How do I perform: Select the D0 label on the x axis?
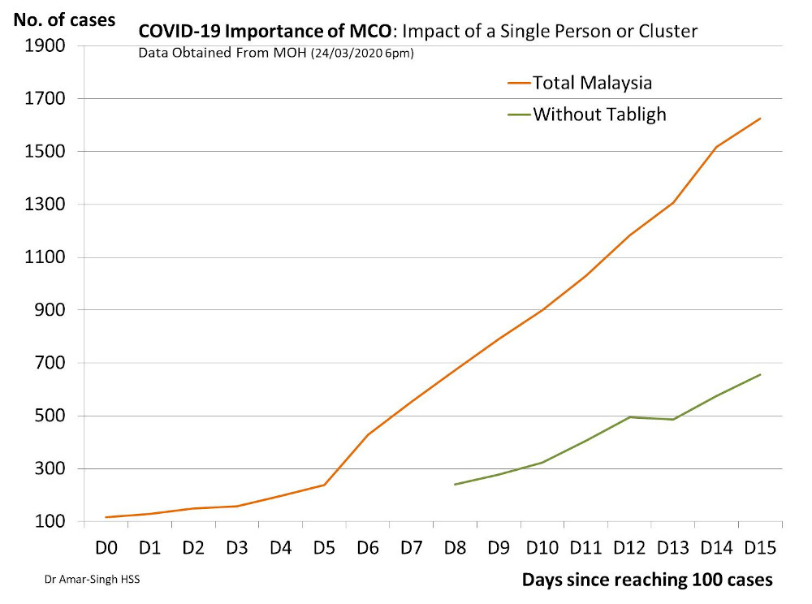click(106, 548)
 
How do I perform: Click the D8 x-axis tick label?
click(456, 548)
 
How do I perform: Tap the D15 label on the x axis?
click(759, 548)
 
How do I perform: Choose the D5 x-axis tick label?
click(325, 548)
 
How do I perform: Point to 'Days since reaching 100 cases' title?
click(647, 580)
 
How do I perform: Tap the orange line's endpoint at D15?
click(760, 119)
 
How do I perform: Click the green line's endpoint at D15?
click(760, 374)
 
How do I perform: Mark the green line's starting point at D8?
click(455, 485)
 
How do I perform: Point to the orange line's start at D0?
click(106, 517)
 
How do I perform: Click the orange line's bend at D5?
click(325, 485)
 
